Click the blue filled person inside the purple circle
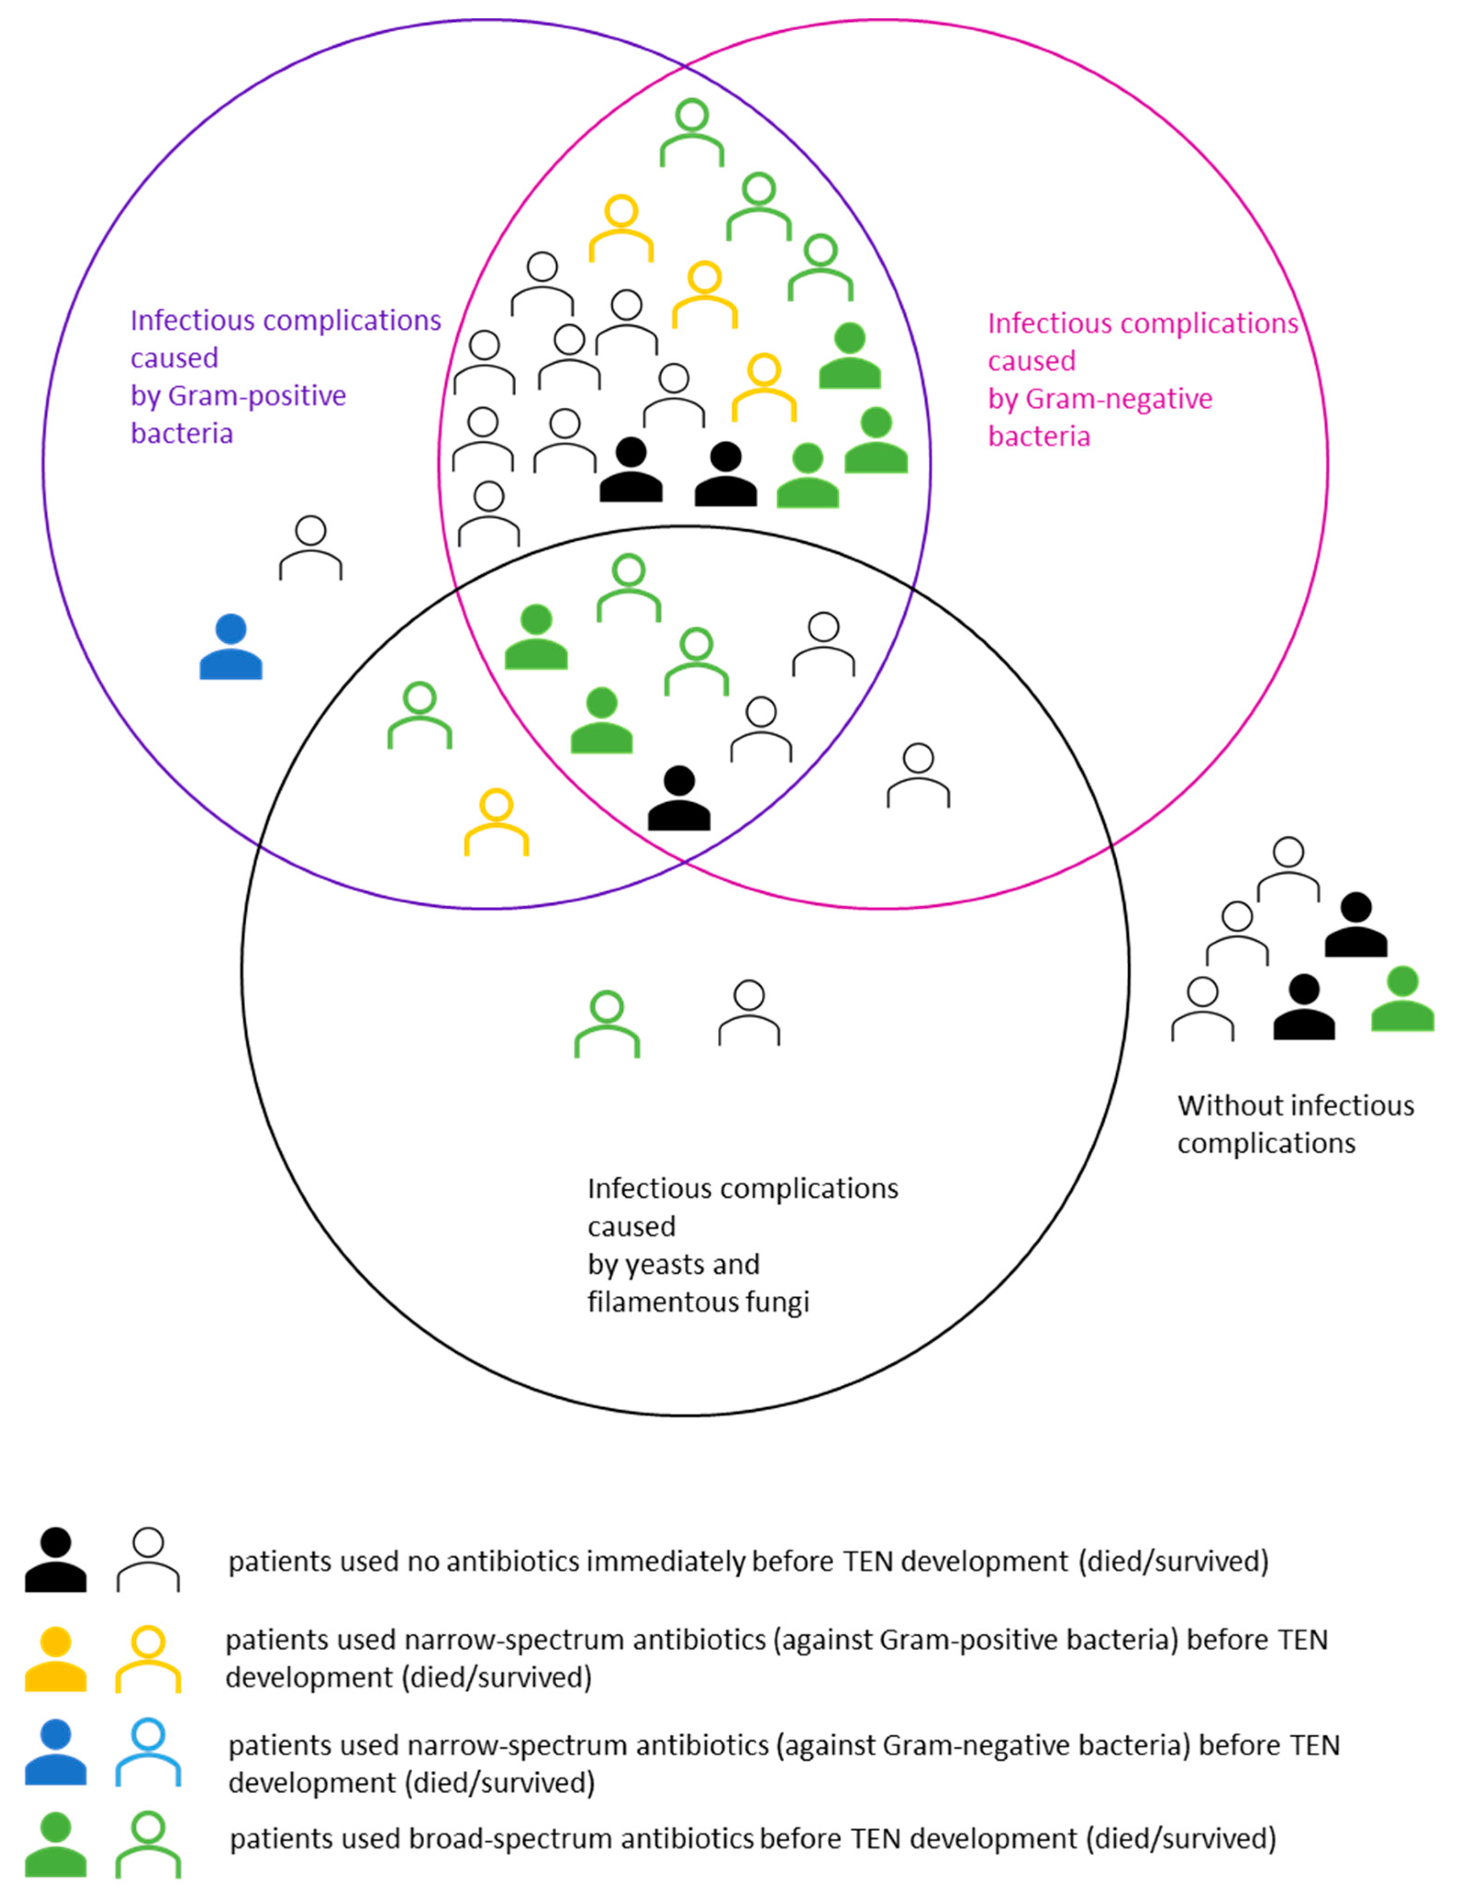click(231, 647)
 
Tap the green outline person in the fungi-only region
click(607, 1024)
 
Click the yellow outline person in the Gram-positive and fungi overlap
click(496, 822)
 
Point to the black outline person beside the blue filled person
click(310, 548)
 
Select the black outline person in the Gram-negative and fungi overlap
click(918, 775)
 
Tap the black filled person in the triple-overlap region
click(679, 798)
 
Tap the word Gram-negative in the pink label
click(1119, 399)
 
